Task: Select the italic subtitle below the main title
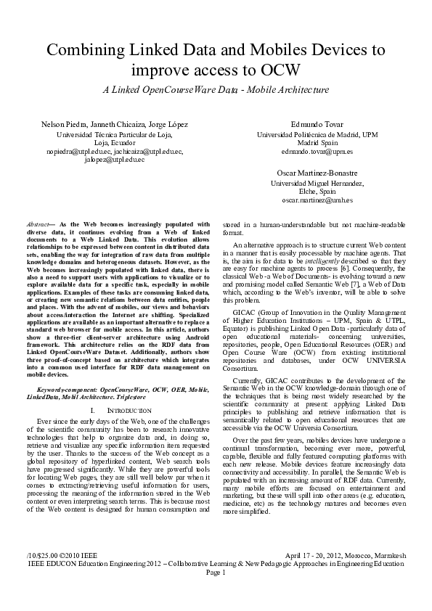pos(216,90)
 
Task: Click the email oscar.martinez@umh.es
pos(317,199)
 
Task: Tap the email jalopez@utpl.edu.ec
pos(115,159)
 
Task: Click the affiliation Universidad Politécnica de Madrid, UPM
pos(317,135)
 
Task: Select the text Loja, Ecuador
pos(115,143)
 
